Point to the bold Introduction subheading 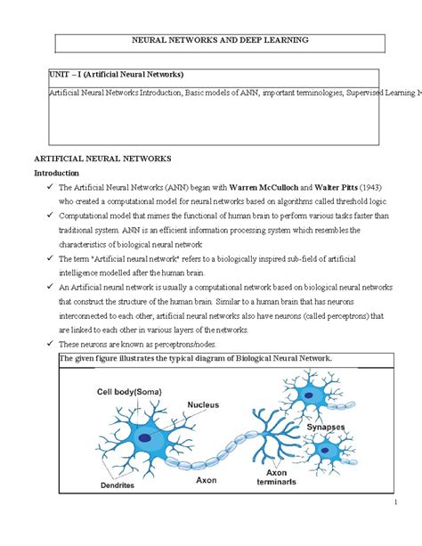pos(56,173)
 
